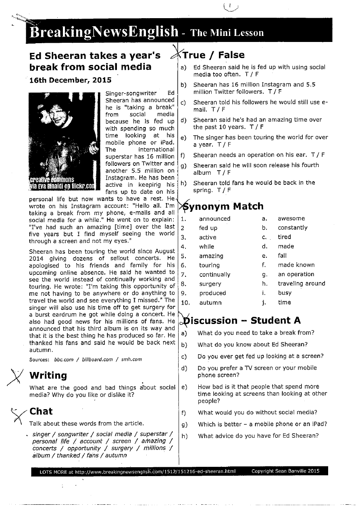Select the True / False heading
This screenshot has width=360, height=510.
[x=214, y=55]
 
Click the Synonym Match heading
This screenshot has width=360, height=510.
[x=224, y=207]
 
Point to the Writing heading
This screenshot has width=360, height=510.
[x=48, y=375]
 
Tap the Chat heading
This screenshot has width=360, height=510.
[x=41, y=411]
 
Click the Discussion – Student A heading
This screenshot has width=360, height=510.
[x=242, y=321]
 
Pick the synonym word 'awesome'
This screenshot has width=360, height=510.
[x=291, y=218]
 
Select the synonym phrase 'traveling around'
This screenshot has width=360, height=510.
[x=301, y=284]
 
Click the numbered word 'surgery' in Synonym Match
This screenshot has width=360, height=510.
[x=210, y=284]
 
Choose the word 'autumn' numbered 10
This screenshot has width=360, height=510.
[x=210, y=303]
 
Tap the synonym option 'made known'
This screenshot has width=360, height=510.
[x=296, y=265]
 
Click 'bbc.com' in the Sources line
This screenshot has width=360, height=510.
[x=64, y=359]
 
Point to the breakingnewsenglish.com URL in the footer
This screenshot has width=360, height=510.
[x=155, y=471]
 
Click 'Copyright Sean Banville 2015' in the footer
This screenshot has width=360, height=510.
[x=285, y=471]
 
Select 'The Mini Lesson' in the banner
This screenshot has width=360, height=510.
[x=227, y=33]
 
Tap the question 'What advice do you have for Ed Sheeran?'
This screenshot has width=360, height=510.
[x=258, y=436]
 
